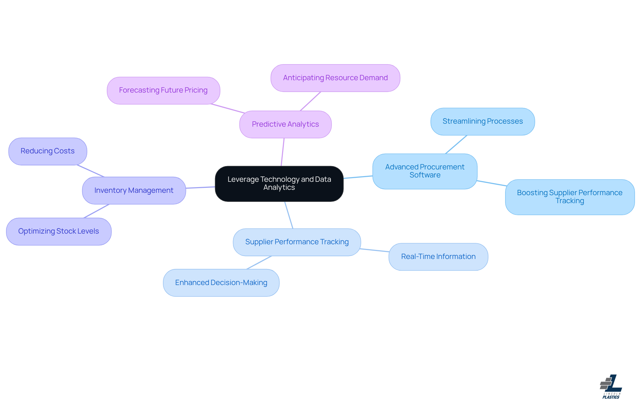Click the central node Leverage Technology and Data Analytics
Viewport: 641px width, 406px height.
coord(279,183)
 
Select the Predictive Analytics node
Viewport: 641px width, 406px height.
coord(285,124)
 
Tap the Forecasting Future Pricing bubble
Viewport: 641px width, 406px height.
coord(163,91)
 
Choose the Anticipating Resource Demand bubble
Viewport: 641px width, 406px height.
coord(335,78)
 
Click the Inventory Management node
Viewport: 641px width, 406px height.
coord(134,190)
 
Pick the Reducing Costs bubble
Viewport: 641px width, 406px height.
coord(48,151)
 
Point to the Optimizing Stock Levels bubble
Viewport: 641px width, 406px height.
coord(59,231)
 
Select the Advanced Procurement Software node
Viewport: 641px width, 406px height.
coord(425,171)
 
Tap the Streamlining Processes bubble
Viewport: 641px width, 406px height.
coord(482,121)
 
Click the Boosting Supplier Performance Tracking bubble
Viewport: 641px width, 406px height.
coord(570,197)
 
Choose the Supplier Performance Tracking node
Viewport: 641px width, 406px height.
coord(297,242)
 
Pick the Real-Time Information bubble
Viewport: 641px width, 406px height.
coord(438,257)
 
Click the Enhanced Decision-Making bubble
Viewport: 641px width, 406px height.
coord(221,283)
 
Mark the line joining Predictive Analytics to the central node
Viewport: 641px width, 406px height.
coord(283,152)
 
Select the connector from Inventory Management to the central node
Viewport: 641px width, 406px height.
coord(200,187)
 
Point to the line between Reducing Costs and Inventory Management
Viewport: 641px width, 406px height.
coord(91,171)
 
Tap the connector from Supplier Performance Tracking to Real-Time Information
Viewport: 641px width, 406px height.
coord(375,250)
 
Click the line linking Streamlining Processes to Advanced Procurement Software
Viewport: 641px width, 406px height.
coord(456,144)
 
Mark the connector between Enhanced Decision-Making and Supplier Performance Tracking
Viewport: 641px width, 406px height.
coord(259,263)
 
